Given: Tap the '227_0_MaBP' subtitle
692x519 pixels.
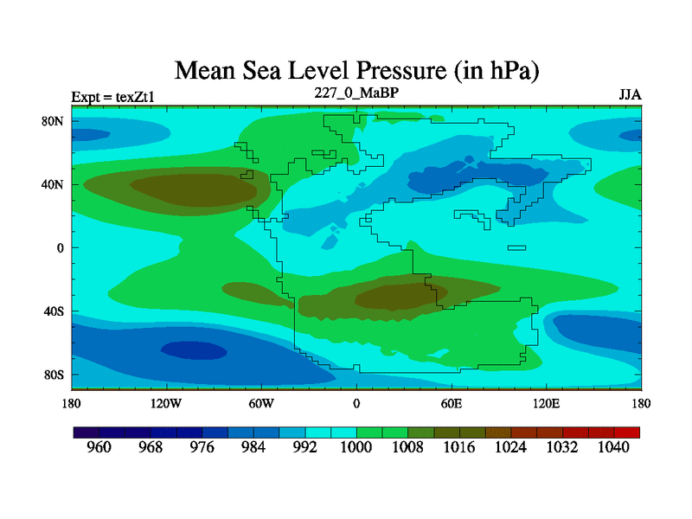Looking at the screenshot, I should tap(356, 93).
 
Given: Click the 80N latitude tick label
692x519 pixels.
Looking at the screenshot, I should tap(54, 121).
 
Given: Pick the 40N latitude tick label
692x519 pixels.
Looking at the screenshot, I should tap(54, 184).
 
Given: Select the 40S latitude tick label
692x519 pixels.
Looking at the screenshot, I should tap(54, 311).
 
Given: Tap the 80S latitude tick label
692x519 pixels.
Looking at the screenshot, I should tap(54, 375).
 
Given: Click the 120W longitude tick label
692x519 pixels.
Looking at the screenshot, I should tap(166, 404).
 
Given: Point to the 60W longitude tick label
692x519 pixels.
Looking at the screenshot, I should tap(261, 404).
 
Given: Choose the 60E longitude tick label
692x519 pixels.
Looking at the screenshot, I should tap(452, 404).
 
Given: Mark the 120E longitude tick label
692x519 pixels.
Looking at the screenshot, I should tap(546, 404).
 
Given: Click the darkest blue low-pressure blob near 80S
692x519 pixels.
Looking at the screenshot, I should tap(193, 349).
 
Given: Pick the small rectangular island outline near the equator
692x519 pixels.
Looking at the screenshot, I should tap(516, 248).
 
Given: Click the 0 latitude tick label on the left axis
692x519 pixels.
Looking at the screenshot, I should tap(61, 248).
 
